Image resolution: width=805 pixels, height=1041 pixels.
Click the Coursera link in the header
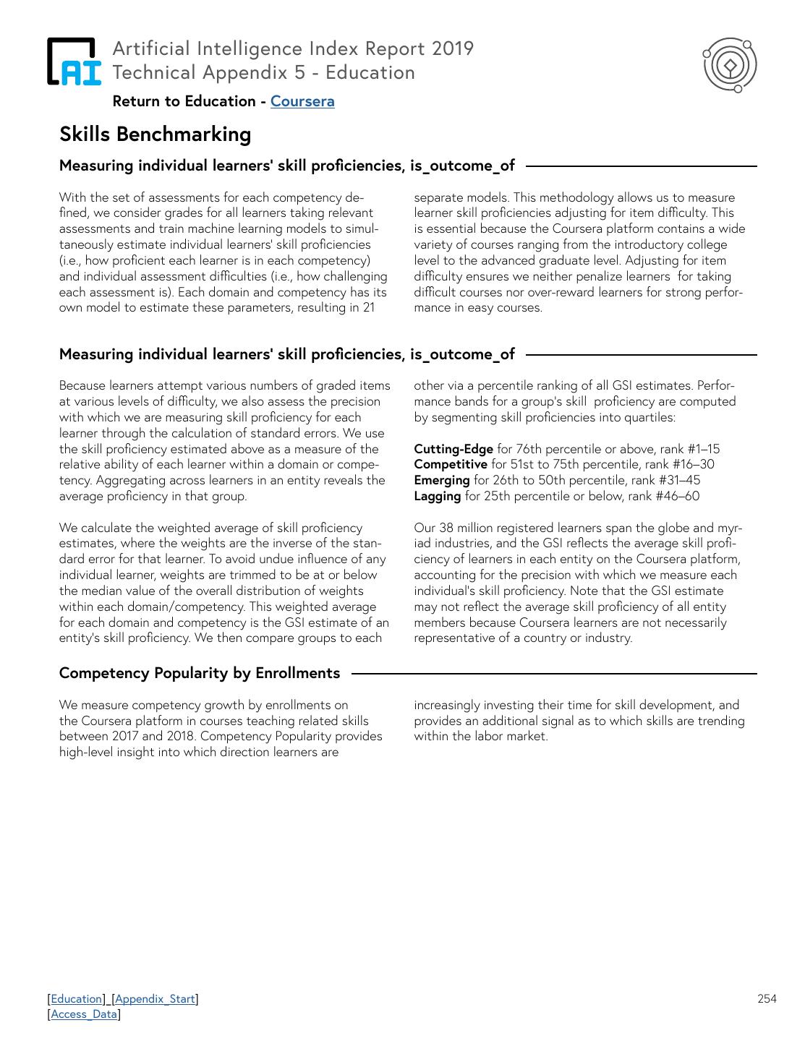[302, 101]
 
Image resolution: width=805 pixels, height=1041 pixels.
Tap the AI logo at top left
[73, 61]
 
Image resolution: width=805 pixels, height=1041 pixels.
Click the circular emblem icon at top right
[731, 66]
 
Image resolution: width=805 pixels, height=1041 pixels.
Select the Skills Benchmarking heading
[156, 134]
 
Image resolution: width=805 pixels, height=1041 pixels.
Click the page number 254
[767, 998]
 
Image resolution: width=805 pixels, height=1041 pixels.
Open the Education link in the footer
[77, 998]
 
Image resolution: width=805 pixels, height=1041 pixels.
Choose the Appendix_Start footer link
[155, 998]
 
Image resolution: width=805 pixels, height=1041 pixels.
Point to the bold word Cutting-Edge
[453, 449]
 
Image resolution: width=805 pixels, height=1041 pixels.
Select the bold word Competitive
[451, 464]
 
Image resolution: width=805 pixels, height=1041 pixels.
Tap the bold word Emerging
[442, 480]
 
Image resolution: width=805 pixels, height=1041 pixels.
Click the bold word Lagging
[438, 496]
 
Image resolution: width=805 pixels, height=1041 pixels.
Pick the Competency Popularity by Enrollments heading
[200, 673]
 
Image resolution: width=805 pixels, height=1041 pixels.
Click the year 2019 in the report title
[453, 48]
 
